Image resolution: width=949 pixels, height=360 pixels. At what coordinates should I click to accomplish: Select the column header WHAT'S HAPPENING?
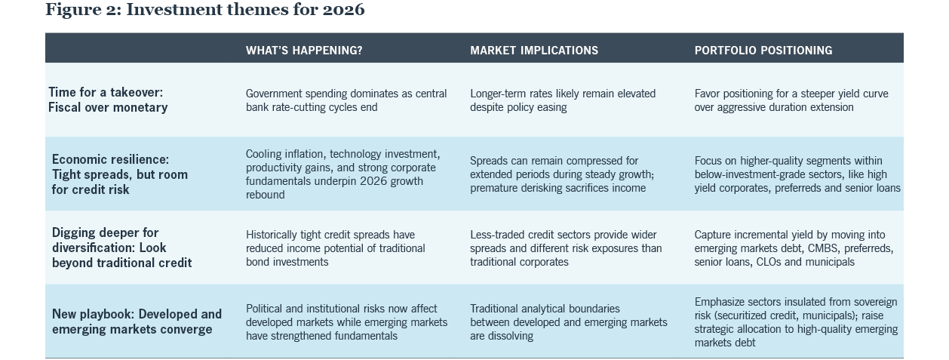click(304, 51)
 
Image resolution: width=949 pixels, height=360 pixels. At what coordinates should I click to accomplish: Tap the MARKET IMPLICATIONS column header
click(534, 51)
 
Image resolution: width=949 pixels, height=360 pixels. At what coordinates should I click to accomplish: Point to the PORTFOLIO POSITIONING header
click(763, 51)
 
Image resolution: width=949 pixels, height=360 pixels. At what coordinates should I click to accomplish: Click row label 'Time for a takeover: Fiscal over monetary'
click(108, 100)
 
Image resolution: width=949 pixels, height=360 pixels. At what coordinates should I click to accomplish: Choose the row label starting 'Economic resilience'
click(120, 174)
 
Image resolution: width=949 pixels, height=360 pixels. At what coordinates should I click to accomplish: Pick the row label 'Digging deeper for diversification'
click(121, 248)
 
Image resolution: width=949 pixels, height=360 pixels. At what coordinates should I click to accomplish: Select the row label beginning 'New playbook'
click(137, 322)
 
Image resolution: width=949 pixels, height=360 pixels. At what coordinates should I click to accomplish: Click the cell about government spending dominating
click(346, 100)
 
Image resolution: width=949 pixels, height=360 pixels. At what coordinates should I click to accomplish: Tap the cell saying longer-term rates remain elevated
click(563, 100)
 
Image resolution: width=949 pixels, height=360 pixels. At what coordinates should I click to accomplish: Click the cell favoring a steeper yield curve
click(791, 100)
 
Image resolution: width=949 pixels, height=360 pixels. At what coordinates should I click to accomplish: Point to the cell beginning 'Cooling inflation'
click(343, 174)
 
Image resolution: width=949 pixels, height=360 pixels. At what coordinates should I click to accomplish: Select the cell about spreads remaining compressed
click(562, 174)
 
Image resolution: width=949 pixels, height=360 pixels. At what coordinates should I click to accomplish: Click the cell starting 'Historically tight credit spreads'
click(336, 248)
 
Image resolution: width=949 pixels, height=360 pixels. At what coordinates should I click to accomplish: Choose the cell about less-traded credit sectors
click(566, 248)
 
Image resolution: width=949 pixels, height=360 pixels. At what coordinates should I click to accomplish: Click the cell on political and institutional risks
click(346, 322)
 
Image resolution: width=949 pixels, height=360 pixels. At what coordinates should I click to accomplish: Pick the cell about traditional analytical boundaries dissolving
click(568, 322)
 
